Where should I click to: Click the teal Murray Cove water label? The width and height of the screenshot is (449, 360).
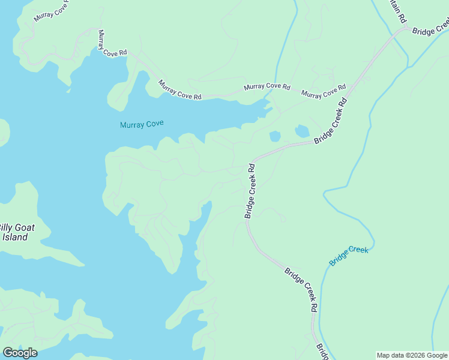142,125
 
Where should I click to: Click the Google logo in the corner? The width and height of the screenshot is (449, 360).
20,353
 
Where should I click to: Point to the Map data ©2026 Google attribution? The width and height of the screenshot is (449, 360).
412,355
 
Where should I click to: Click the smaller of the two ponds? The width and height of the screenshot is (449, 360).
275,136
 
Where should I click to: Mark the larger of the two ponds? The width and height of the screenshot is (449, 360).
302,131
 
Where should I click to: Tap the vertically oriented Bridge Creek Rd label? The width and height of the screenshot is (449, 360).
250,191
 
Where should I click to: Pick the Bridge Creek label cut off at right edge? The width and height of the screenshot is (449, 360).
430,28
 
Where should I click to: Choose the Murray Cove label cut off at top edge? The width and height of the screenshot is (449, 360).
51,10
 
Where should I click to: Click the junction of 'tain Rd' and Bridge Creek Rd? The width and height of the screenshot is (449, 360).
406,28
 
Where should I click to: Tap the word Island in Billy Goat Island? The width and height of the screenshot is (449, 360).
14,237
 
